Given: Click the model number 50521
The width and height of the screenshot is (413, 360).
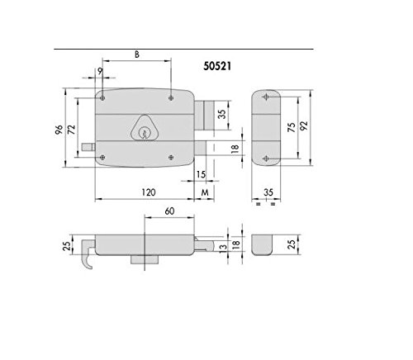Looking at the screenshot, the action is tap(217, 66).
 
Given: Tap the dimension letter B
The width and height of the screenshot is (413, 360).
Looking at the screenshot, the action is tap(137, 54).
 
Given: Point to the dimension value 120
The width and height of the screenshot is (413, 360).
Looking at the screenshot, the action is tap(149, 192).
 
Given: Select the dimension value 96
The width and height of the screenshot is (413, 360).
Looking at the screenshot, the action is tap(59, 130).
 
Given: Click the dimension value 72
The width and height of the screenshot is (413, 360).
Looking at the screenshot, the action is tap(71, 130).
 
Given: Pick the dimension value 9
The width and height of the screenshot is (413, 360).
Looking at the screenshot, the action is tap(100, 71).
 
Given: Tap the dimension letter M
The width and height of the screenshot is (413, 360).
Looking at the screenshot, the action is tap(205, 192).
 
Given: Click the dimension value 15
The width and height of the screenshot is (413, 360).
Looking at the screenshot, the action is tap(201, 174).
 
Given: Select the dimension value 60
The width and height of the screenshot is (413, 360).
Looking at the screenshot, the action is tap(169, 211).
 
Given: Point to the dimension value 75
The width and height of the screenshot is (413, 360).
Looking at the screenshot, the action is tap(292, 127).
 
